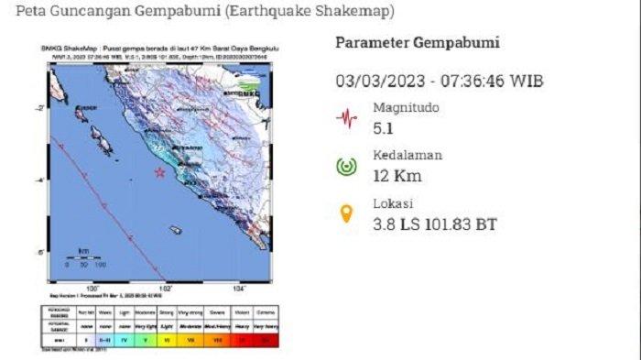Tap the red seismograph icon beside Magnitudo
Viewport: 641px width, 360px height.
346,117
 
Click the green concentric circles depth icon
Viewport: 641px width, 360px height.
346,166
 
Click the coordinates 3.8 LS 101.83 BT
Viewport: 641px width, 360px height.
435,223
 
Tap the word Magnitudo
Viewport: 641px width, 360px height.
406,107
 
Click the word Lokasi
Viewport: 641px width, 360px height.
394,203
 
